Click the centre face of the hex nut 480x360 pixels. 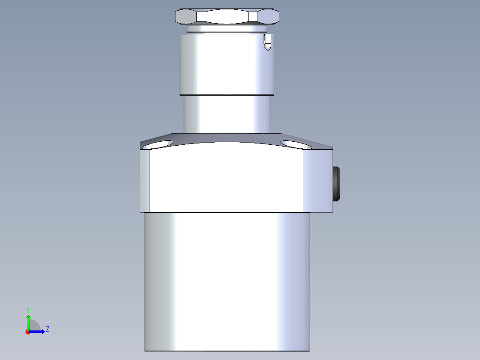click(x=228, y=16)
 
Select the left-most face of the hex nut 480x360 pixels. click(x=186, y=16)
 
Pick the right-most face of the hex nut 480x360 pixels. click(x=269, y=16)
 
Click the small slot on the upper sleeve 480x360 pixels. click(x=268, y=42)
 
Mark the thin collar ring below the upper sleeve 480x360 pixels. click(x=227, y=94)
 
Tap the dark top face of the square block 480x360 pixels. click(x=227, y=139)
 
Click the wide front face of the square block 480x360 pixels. click(x=227, y=178)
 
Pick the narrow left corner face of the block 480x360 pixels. click(x=145, y=180)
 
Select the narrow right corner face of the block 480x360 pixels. click(x=318, y=180)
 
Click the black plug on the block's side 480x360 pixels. click(x=337, y=183)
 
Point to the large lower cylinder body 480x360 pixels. click(x=227, y=281)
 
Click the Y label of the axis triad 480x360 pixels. click(x=28, y=309)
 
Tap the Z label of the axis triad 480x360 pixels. click(x=48, y=329)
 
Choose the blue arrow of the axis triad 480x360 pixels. click(x=37, y=331)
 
